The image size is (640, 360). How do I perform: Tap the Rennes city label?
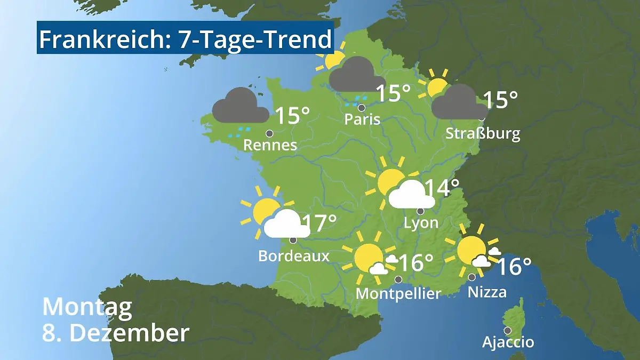[270, 145]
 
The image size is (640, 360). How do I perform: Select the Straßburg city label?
[483, 133]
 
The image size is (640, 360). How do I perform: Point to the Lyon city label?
[421, 222]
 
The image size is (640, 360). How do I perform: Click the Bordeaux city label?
[293, 256]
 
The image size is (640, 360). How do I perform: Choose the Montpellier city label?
[398, 293]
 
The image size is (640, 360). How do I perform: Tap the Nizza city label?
[487, 292]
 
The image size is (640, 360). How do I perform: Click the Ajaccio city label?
[508, 342]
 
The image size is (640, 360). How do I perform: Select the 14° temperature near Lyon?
[442, 188]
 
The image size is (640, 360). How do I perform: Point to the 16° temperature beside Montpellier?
[415, 262]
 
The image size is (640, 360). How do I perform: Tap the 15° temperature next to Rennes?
[292, 116]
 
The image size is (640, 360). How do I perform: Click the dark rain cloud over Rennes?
[240, 106]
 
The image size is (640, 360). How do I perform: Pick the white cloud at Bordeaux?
[286, 224]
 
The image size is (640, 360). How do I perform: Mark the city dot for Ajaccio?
[508, 330]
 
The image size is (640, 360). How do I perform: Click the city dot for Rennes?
[269, 133]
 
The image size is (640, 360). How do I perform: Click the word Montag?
[87, 307]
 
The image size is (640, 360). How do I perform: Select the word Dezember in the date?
[130, 333]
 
